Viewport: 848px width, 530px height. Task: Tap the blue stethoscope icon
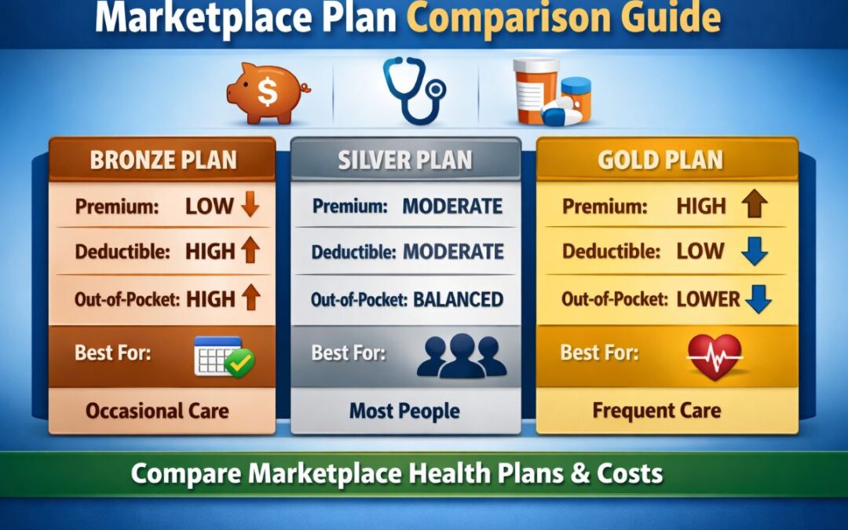(x=413, y=90)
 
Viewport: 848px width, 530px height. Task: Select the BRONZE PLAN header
(x=163, y=160)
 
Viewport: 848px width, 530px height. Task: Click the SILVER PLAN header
(x=405, y=160)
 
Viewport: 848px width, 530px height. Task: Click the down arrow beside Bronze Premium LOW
(x=250, y=207)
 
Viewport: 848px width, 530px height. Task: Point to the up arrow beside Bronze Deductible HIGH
(x=250, y=252)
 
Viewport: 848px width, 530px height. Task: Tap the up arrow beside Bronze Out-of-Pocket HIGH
(x=250, y=298)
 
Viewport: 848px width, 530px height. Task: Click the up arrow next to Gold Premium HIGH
(x=754, y=207)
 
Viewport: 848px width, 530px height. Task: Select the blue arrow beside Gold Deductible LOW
(x=754, y=252)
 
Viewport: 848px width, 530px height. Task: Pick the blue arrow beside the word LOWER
(x=758, y=299)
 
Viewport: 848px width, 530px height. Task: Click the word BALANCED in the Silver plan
(x=458, y=299)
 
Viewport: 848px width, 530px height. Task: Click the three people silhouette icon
(x=461, y=356)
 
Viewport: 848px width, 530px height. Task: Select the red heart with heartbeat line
(x=715, y=356)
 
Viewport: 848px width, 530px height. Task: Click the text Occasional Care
(x=157, y=411)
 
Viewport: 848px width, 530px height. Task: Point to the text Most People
(x=404, y=411)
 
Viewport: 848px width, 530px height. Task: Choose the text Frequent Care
(x=656, y=411)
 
